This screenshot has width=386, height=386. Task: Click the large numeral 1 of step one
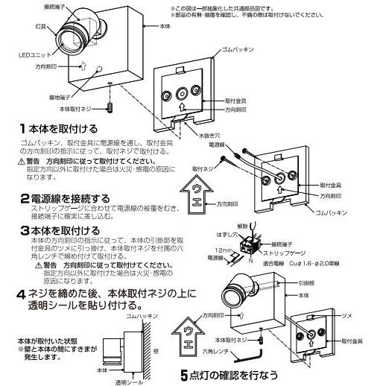(x=24, y=129)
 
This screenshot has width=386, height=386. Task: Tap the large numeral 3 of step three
(x=24, y=230)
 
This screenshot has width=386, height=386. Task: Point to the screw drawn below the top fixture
(x=110, y=107)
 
